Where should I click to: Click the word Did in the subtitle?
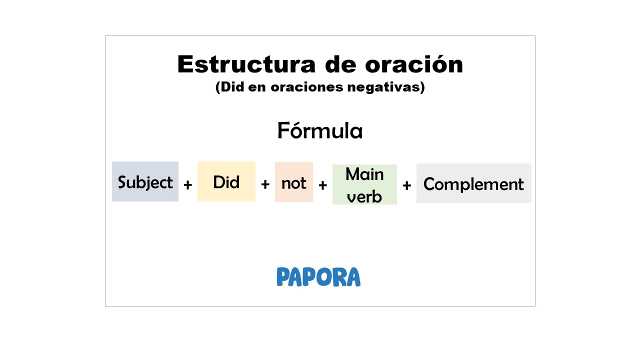coord(232,87)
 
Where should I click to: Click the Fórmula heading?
coord(320,131)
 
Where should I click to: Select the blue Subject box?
coord(145,181)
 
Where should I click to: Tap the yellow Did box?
coord(226,181)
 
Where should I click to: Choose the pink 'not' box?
coord(293,182)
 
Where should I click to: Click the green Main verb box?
coord(364,184)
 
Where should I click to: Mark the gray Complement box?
coord(473,183)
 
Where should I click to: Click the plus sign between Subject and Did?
coord(187,185)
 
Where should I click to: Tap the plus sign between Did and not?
coord(265,184)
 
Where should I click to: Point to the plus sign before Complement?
coord(406,185)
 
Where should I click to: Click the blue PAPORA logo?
coord(318,277)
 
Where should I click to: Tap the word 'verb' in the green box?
coord(364,196)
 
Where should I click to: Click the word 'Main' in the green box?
coord(364,174)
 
